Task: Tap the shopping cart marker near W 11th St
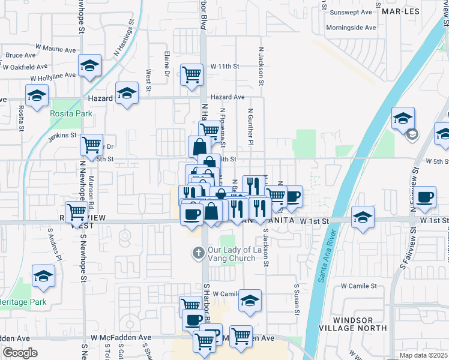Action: point(191,75)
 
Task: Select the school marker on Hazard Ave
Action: point(127,94)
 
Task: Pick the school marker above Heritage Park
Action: point(43,277)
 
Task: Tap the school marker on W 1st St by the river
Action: point(363,218)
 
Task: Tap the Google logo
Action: point(20,353)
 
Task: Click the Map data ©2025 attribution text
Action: point(424,355)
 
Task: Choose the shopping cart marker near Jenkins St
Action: point(91,144)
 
